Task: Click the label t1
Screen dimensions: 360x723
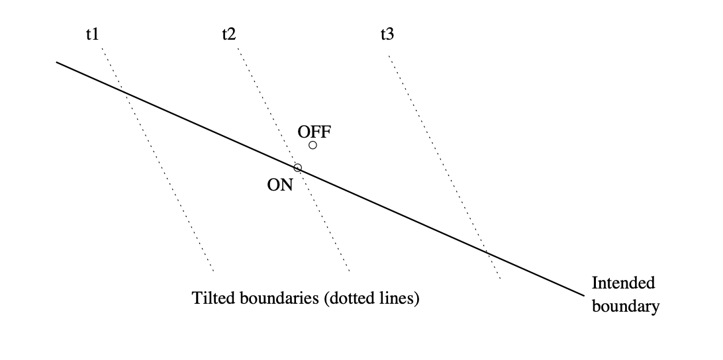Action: [x=92, y=34]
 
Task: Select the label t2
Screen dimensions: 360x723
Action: [x=228, y=34]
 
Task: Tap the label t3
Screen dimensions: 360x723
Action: [x=387, y=34]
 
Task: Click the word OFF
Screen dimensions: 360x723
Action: [x=314, y=131]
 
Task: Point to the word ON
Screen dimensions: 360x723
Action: [x=279, y=185]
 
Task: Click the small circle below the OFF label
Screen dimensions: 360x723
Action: [x=313, y=145]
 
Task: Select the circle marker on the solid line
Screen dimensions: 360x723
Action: [x=298, y=167]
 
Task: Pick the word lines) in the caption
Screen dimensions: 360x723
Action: [x=401, y=298]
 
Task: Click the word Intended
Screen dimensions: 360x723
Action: [x=623, y=283]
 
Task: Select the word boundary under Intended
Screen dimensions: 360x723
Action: [x=625, y=306]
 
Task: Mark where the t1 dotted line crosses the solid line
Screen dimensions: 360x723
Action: [x=123, y=91]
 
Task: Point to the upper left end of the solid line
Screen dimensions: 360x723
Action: [x=56, y=62]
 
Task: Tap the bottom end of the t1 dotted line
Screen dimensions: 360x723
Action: [x=213, y=271]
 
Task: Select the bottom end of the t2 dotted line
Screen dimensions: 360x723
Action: [x=349, y=271]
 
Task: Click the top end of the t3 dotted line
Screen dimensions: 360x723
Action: [x=388, y=56]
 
